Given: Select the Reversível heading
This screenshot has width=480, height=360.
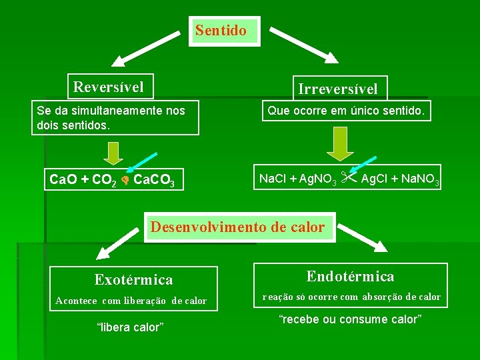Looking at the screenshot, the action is point(108,87).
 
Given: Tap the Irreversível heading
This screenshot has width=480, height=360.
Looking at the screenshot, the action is point(337,89).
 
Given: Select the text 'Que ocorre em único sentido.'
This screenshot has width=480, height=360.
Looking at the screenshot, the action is point(345,111).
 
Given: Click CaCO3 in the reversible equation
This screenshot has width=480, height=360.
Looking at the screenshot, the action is point(154,181).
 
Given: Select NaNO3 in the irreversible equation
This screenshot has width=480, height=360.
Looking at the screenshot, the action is point(418,179).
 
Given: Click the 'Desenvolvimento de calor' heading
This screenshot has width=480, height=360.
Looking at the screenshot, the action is point(237,227).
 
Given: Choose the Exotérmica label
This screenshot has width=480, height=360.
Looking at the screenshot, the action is point(133,280).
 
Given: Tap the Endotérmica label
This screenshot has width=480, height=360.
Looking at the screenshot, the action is point(350,276).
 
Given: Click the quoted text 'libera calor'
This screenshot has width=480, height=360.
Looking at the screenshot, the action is point(131,327).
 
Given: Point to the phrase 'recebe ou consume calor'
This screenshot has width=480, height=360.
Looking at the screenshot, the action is point(350,319).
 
